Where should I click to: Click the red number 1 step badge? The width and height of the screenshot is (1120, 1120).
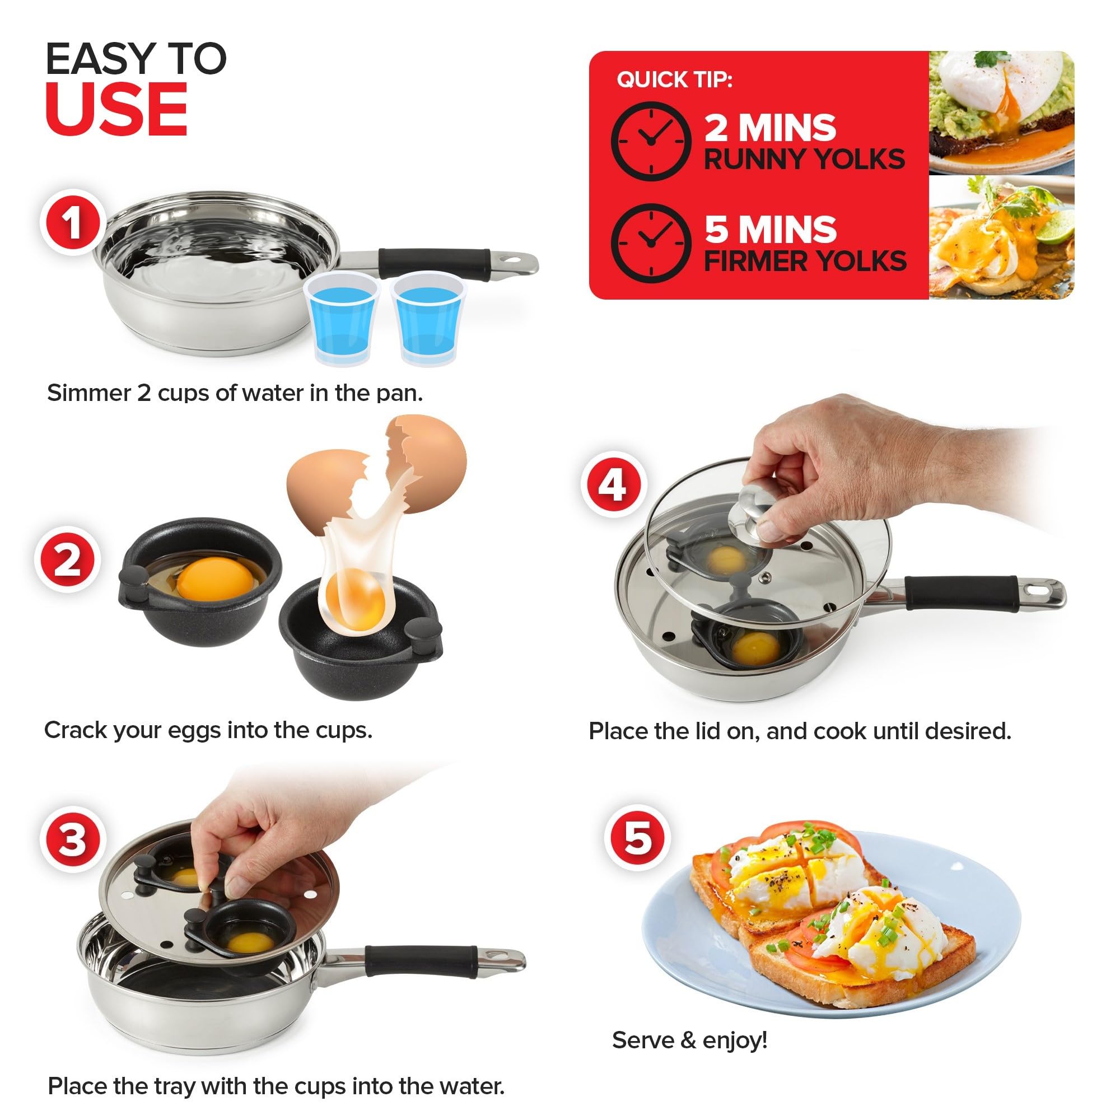pos(72,223)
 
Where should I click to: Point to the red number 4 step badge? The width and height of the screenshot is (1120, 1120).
pos(613,484)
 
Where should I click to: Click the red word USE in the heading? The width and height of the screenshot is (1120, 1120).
pos(116,110)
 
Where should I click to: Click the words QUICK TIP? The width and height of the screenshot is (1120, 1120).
pos(674,80)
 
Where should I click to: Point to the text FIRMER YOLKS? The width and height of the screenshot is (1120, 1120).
pos(805,261)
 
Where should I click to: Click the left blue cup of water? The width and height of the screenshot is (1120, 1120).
pos(342,319)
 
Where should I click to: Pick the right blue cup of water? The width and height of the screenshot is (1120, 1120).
pos(428,319)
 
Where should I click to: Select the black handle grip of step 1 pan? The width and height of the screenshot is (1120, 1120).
pos(435,264)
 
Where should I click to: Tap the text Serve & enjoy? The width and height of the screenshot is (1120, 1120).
pos(690,1040)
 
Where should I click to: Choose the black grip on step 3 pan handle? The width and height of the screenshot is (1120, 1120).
pos(422,961)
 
